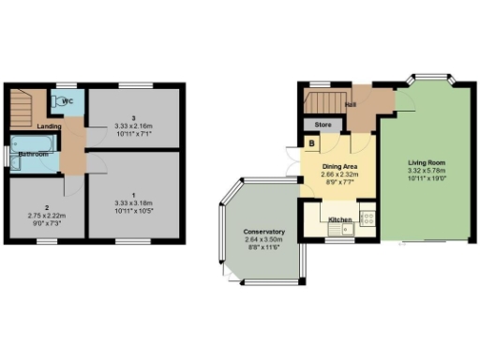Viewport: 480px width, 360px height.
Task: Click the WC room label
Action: [67, 100]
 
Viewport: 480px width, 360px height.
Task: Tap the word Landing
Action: [50, 126]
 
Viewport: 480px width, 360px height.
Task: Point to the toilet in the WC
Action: [62, 97]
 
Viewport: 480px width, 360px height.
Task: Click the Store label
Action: [323, 124]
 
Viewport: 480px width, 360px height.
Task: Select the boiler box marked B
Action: [311, 144]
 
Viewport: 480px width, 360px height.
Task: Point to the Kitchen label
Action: [339, 219]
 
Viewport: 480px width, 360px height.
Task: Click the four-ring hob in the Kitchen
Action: [367, 218]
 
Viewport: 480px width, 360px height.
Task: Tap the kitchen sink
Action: [334, 228]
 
